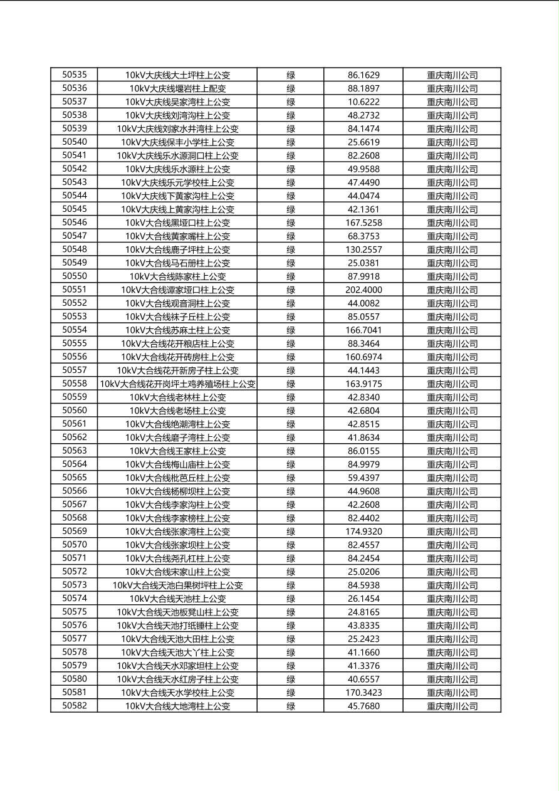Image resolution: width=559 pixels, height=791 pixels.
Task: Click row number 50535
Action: [x=75, y=75]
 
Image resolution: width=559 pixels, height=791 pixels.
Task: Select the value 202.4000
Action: [x=363, y=290]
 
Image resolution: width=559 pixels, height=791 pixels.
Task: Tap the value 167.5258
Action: [x=363, y=223]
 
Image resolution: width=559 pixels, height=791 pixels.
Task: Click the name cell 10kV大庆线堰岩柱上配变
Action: [x=177, y=88]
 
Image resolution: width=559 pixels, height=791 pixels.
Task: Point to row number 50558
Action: [x=75, y=384]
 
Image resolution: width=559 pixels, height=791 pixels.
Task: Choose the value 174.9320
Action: [x=363, y=532]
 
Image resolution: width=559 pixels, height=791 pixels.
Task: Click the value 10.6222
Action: [x=363, y=102]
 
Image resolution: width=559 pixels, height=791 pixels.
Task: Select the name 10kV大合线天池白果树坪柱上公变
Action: [x=177, y=585]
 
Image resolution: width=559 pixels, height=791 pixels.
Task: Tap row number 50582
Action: [x=75, y=706]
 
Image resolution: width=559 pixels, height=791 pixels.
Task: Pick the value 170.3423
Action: [x=363, y=693]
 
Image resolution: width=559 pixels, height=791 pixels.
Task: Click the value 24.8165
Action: [x=363, y=612]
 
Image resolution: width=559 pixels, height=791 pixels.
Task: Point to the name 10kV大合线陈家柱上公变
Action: [x=177, y=276]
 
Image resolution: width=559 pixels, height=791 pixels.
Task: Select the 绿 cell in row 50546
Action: [x=291, y=223]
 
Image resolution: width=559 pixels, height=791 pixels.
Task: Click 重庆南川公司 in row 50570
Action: [x=452, y=545]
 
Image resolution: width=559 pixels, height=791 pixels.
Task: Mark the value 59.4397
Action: [x=363, y=478]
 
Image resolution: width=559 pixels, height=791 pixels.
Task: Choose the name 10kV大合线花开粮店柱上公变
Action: [x=177, y=343]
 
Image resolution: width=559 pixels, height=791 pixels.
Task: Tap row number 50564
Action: [x=75, y=464]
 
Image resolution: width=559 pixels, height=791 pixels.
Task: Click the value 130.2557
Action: [x=363, y=249]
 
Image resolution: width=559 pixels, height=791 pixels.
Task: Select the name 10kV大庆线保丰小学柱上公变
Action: [x=177, y=142]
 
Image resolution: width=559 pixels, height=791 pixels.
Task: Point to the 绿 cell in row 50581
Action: [x=291, y=693]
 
